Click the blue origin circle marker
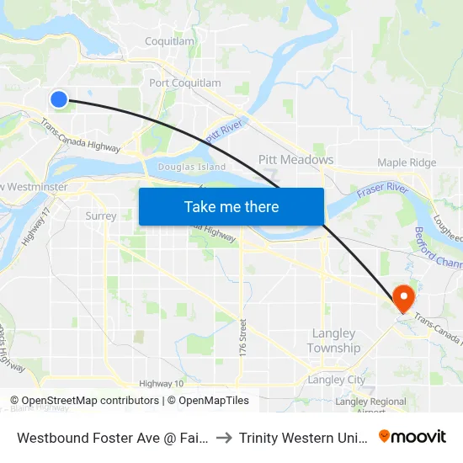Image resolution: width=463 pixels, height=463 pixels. click(x=58, y=99)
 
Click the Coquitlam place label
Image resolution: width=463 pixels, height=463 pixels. click(x=169, y=40)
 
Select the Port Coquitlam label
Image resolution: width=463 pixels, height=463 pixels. click(x=185, y=82)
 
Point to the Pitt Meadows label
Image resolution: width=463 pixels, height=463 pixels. click(x=295, y=159)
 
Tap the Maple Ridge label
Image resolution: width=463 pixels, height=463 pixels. click(x=407, y=162)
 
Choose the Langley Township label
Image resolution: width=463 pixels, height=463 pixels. click(x=333, y=341)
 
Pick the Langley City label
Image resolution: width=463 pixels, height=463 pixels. click(x=337, y=380)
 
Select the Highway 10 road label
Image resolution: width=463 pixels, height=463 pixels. click(x=162, y=383)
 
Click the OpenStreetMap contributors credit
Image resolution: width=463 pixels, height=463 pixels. click(x=85, y=401)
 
